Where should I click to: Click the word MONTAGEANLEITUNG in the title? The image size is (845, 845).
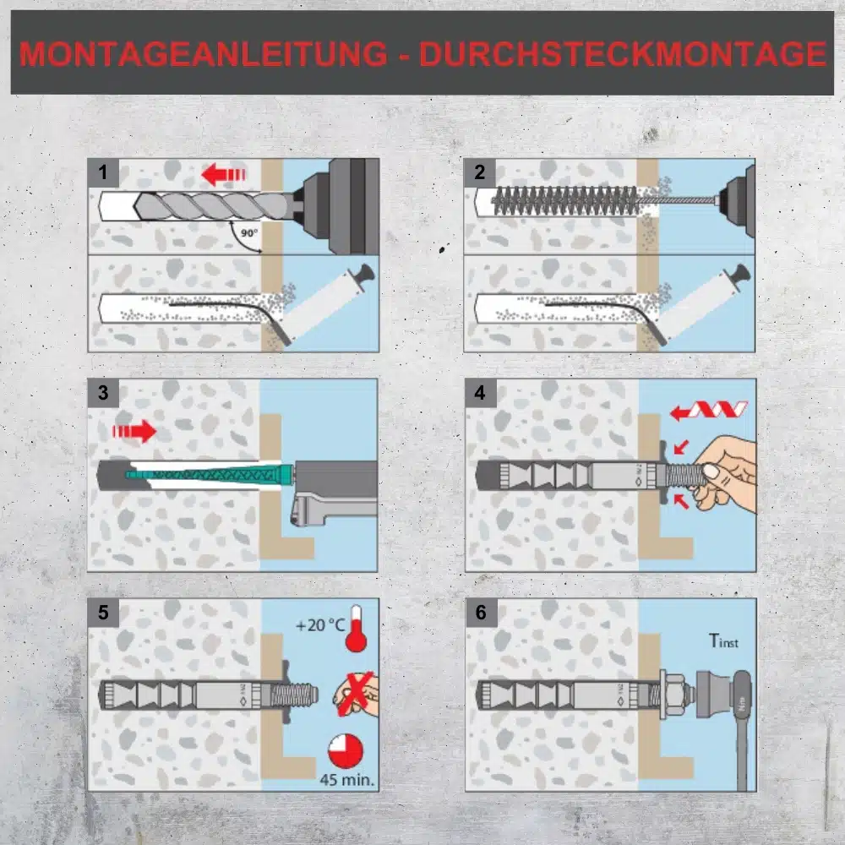(203, 53)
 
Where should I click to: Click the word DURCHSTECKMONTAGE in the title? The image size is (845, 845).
(623, 53)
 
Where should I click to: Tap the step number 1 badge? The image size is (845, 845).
(103, 172)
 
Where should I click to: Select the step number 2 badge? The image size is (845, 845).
(480, 172)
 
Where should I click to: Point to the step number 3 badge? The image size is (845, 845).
(103, 392)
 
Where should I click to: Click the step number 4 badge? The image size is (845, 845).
(480, 392)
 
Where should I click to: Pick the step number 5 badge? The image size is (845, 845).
(103, 612)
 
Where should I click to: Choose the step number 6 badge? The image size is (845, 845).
(481, 612)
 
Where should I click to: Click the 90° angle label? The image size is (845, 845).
(249, 233)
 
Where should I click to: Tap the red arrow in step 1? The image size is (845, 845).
(223, 175)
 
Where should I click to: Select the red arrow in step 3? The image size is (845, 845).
(134, 431)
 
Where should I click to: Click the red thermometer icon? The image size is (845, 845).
(356, 629)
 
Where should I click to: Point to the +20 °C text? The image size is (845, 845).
(320, 625)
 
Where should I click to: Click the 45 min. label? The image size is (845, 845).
(347, 779)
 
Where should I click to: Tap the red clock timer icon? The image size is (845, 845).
(346, 750)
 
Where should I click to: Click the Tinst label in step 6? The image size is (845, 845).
(723, 641)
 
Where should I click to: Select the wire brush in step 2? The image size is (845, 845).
(566, 200)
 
